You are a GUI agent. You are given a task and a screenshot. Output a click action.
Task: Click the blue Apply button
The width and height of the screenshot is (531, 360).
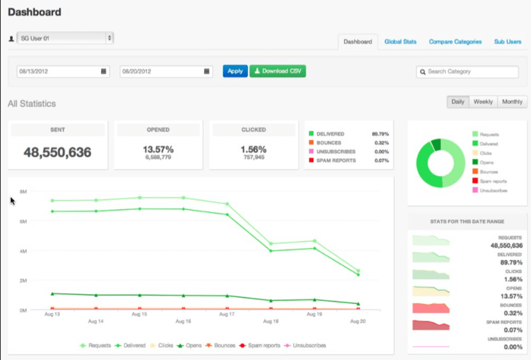235,71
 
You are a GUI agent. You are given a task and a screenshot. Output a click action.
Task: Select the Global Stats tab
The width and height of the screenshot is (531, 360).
400,42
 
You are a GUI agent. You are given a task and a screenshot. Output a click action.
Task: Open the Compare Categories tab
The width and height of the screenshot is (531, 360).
455,42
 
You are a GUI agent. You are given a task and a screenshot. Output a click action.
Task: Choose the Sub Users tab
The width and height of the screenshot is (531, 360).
507,42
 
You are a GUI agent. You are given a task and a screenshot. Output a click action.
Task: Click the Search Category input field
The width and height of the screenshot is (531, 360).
468,72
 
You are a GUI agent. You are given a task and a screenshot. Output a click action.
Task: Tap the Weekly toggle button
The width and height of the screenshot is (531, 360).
483,102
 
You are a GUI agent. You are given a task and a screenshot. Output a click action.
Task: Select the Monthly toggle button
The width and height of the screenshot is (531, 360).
512,102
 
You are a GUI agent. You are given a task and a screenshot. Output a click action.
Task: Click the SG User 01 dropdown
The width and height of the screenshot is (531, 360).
65,38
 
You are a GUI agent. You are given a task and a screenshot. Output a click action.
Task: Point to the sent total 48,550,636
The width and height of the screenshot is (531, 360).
58,152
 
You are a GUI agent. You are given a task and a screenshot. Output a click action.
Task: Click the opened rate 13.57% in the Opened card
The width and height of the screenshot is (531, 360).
158,149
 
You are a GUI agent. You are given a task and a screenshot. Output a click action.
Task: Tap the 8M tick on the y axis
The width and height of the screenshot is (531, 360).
23,191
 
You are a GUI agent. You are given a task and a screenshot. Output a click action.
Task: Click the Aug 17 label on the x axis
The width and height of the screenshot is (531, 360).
227,314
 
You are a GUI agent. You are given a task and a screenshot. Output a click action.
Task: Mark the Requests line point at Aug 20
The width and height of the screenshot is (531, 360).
358,270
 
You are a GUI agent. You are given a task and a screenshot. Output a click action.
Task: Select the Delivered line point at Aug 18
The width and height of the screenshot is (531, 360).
271,251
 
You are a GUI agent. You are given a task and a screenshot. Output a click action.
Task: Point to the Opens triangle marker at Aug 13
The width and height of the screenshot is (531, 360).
52,294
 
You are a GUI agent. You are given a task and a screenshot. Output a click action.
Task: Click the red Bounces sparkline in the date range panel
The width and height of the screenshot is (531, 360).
431,308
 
